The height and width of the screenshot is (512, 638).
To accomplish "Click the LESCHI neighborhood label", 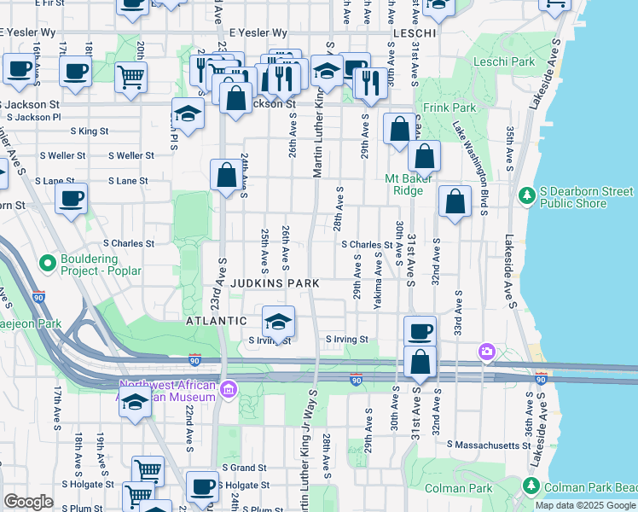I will point(414,32).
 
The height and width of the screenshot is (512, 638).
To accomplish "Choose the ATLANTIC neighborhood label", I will point(217,321).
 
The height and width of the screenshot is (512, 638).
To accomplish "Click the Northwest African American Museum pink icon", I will point(228,391).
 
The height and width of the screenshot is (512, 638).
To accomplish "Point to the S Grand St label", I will point(245,468).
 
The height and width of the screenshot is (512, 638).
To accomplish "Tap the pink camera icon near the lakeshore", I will point(487,351).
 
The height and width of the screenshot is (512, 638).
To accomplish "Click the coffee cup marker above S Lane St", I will point(72,200).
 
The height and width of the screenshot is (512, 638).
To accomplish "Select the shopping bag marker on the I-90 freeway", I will point(420,363).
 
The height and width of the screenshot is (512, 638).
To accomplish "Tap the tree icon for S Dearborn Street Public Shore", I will point(526,197).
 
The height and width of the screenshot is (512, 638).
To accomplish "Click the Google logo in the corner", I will point(28,502).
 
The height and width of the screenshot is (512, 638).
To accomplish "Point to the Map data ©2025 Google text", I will point(585,505).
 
